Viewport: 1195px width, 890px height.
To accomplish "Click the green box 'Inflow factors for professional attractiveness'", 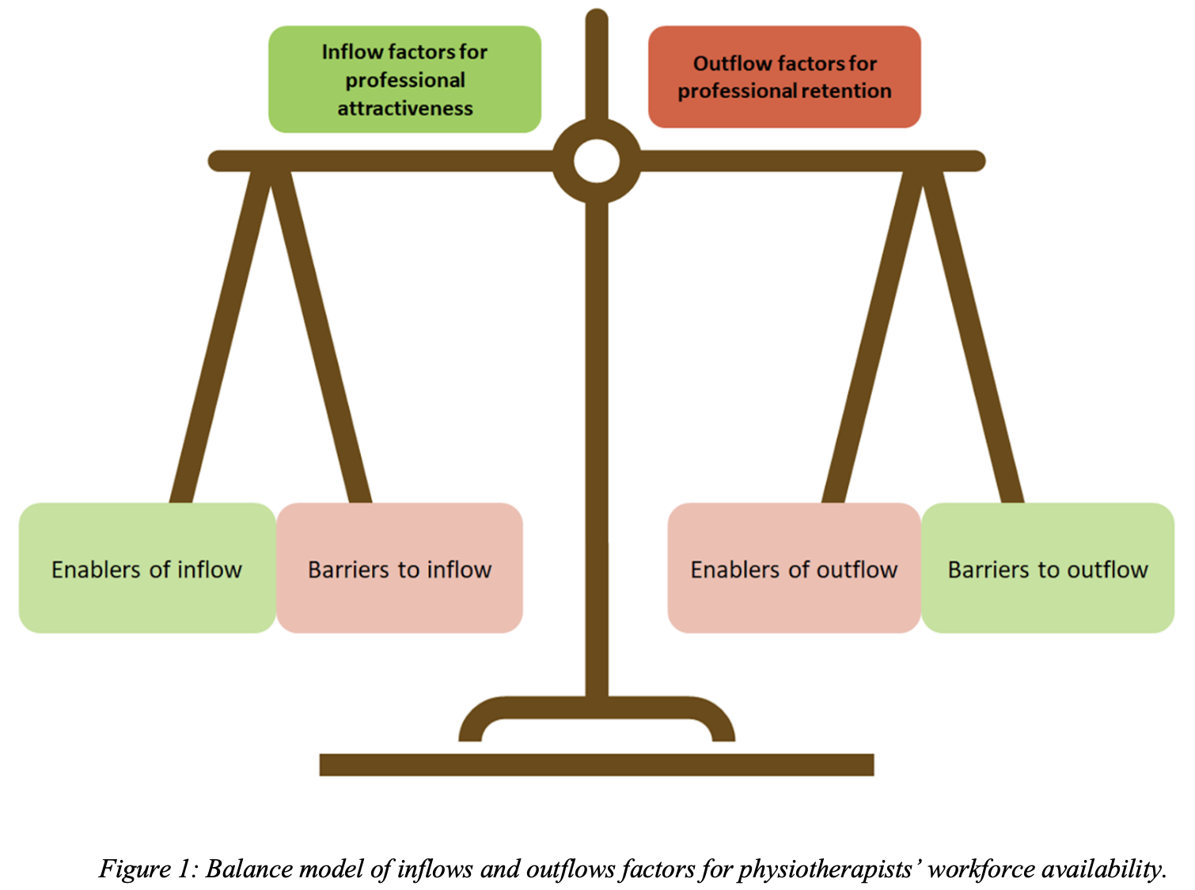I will (x=404, y=79).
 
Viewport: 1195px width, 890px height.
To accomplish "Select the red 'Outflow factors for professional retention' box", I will (x=784, y=77).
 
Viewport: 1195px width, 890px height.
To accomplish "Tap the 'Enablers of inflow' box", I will (x=147, y=568).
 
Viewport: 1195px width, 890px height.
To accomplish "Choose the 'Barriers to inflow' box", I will (x=400, y=568).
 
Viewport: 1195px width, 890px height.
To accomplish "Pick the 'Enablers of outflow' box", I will (x=794, y=568).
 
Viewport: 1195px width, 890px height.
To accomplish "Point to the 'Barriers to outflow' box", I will (x=1048, y=568).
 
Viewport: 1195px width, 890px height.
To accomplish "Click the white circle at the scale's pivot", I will (x=597, y=161).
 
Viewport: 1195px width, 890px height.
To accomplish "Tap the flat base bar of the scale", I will (x=597, y=764).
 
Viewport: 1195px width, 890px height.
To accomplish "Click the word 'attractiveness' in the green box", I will (x=405, y=108).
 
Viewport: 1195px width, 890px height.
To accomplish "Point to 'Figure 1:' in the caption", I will (x=148, y=869).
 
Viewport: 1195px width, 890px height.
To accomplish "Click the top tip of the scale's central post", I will (x=597, y=17).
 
